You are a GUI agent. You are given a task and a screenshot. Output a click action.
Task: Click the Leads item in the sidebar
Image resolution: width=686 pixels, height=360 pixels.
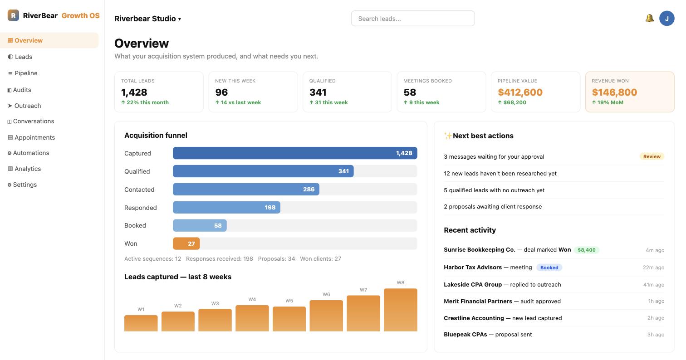(20, 57)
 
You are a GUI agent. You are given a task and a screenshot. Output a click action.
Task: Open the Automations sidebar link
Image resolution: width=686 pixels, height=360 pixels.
(28, 153)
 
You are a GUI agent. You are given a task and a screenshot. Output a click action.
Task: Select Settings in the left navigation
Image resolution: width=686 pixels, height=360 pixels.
(22, 185)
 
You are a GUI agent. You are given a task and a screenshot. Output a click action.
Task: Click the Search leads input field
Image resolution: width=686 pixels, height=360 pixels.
(413, 19)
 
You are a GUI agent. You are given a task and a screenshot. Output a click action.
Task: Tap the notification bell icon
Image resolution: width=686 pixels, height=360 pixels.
(650, 19)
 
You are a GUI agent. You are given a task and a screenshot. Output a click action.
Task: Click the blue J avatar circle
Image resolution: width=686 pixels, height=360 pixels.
(666, 19)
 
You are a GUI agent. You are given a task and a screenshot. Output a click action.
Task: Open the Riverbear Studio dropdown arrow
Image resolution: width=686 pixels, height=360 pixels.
(180, 19)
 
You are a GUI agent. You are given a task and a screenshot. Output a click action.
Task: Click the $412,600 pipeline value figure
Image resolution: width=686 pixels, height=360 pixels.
(520, 92)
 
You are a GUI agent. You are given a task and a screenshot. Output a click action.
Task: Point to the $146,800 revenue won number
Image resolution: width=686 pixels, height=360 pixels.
(614, 92)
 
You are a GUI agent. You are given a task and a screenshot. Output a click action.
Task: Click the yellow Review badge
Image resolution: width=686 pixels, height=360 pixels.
(652, 156)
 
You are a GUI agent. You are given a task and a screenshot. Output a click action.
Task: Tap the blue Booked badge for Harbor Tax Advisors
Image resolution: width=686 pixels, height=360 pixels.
(549, 268)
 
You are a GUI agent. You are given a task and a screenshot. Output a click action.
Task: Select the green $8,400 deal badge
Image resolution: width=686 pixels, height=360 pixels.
(587, 250)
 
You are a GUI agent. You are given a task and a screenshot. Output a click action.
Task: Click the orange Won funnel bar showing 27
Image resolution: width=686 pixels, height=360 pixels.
(186, 243)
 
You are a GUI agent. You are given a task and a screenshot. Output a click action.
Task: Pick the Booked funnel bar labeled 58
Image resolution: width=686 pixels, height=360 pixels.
(200, 226)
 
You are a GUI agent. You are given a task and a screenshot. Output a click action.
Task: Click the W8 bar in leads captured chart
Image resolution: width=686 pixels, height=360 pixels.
(401, 310)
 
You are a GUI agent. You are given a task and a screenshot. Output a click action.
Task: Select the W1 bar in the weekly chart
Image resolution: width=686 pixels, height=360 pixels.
(141, 323)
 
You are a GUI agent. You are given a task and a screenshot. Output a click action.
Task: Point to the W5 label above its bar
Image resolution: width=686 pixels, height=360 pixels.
(289, 301)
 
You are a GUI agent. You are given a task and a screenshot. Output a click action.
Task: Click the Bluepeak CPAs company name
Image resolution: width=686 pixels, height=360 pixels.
(465, 335)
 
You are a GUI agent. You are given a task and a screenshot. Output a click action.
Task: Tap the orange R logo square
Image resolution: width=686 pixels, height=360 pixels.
(13, 15)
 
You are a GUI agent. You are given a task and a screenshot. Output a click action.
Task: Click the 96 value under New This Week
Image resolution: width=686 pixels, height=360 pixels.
(221, 92)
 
